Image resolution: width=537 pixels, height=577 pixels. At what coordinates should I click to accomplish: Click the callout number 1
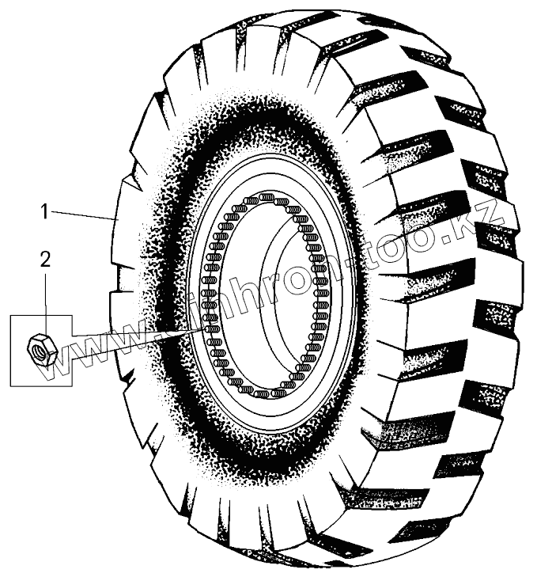[x=46, y=211]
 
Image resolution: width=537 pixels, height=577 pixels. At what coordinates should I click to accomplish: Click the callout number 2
[x=46, y=258]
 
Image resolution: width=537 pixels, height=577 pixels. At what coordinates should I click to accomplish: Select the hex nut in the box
[x=39, y=348]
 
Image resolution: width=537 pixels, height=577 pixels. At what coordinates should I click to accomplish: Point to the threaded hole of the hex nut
[x=38, y=347]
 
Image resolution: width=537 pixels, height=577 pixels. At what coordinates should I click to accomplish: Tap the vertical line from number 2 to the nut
[x=46, y=301]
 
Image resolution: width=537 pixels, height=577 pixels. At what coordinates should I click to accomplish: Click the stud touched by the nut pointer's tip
[x=210, y=326]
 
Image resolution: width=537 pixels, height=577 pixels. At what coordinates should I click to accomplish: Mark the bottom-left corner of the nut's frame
[x=11, y=387]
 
